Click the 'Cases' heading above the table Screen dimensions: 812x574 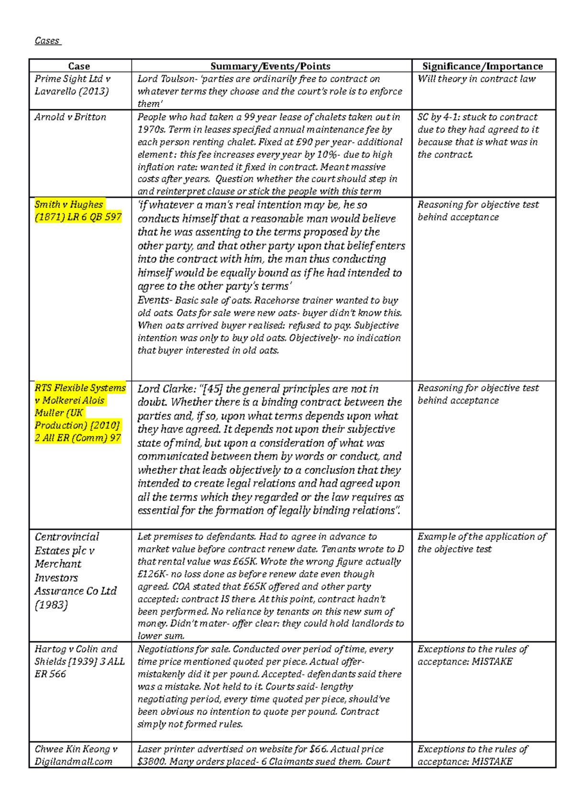47,41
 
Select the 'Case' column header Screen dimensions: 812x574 79,66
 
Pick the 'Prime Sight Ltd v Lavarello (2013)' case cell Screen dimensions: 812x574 72,85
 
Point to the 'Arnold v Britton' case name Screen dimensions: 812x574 70,117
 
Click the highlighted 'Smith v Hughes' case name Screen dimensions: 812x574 69,205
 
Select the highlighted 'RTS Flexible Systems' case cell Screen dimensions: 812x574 80,413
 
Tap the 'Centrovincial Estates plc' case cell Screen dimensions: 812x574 75,571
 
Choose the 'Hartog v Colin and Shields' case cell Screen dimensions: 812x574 79,661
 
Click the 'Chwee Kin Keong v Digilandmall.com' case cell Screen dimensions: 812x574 76,755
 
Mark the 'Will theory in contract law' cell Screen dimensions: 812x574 476,79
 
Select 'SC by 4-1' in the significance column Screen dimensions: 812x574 437,117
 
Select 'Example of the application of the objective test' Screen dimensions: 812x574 481,543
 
